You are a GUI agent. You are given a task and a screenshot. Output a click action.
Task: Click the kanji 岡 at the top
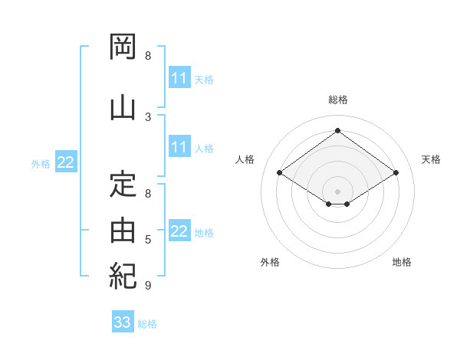pos(123,47)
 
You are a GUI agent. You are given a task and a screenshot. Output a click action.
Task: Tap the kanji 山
pos(123,108)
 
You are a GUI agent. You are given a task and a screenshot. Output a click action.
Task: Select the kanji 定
pos(123,185)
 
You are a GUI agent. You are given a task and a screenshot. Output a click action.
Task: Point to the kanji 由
pos(123,231)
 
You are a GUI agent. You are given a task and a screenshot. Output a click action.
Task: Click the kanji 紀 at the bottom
pos(123,277)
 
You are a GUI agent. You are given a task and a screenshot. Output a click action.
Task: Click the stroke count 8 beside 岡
pos(148,56)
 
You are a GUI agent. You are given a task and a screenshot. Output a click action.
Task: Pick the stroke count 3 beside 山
pos(148,117)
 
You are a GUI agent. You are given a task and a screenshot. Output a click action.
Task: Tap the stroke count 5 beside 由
pos(148,240)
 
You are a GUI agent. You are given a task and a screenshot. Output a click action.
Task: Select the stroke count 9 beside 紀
pos(148,285)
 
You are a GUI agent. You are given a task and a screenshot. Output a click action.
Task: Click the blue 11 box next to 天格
pos(179,77)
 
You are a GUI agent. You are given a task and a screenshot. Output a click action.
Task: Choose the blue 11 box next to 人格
pos(179,146)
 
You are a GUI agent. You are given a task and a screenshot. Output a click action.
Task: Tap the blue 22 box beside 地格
pos(179,230)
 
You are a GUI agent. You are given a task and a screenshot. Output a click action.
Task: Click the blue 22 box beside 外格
pos(66,162)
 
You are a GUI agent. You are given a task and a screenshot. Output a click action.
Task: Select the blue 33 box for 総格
pos(123,321)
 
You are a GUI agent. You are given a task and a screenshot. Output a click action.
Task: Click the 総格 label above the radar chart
pos(338,100)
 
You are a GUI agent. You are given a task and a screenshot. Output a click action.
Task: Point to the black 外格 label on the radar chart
pos(270,262)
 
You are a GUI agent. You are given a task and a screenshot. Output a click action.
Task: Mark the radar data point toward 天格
pos(396,172)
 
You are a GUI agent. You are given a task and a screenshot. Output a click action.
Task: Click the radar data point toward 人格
pos(280,172)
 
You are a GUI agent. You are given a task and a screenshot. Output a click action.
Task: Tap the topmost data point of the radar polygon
pos(337,130)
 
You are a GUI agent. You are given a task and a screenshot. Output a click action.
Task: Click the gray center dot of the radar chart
pos(337,191)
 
